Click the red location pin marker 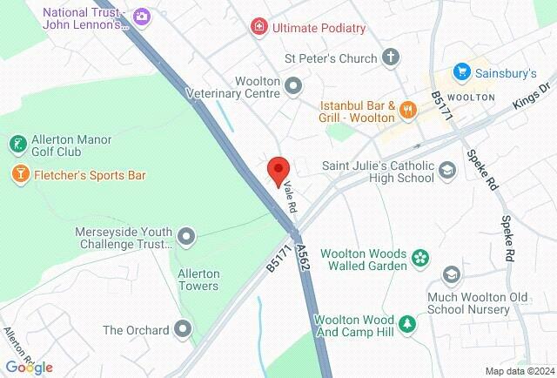click(x=278, y=170)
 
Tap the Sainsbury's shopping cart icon click(x=461, y=72)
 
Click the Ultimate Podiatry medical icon click(x=258, y=28)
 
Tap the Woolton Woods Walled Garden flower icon click(x=420, y=258)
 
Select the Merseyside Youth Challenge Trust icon click(x=185, y=236)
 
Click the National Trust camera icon click(x=142, y=16)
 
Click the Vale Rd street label click(x=290, y=198)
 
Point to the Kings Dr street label click(x=534, y=93)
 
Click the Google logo click(x=29, y=368)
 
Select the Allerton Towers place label click(x=198, y=279)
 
